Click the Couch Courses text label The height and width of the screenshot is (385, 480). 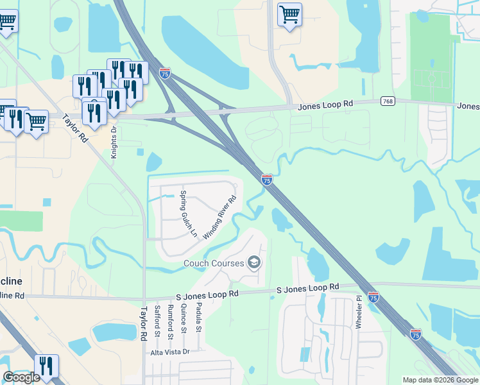tap(214, 263)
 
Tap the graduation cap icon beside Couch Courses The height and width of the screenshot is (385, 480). tap(254, 262)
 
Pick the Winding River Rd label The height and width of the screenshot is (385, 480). tap(219, 218)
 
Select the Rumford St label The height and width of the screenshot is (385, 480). tap(171, 322)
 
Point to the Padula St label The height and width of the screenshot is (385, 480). tap(199, 321)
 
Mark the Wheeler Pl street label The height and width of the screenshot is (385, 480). tap(359, 312)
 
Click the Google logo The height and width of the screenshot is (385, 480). tap(21, 377)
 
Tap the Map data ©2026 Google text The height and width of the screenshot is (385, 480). tap(440, 380)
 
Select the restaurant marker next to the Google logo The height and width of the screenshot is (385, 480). tap(46, 366)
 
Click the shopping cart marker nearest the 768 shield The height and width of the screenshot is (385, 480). tap(290, 13)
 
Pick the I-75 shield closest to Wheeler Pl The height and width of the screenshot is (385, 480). tap(373, 297)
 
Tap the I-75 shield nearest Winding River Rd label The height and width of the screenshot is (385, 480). tap(266, 180)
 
